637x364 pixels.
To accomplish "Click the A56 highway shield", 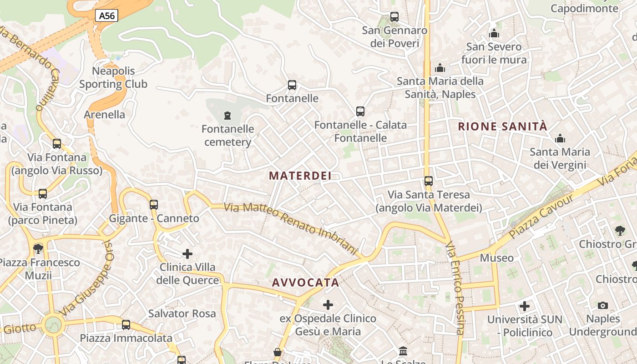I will point(107,16).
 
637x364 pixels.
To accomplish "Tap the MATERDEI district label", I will point(300,176).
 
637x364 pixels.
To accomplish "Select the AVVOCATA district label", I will point(306,283).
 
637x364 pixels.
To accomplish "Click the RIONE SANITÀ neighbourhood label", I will point(502,126).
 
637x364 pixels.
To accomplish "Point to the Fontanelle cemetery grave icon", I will point(227,116).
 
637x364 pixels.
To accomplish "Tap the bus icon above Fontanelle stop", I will point(292,85).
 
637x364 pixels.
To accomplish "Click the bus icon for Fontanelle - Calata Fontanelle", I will point(360,111).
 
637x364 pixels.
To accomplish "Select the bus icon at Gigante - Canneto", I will point(154,205).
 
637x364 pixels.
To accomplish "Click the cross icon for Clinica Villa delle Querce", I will point(187,254).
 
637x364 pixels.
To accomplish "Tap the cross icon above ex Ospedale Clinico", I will point(328,305).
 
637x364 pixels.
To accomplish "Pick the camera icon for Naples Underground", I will point(603,305).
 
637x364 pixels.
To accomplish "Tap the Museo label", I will point(497,258).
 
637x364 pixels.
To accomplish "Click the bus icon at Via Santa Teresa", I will point(429,181).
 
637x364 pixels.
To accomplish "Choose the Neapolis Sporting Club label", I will point(113,77).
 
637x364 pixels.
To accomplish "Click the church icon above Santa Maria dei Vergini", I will point(560,138).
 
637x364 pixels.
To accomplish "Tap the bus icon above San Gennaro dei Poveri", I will point(394,17).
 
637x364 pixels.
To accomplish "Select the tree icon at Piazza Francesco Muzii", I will point(38,249).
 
